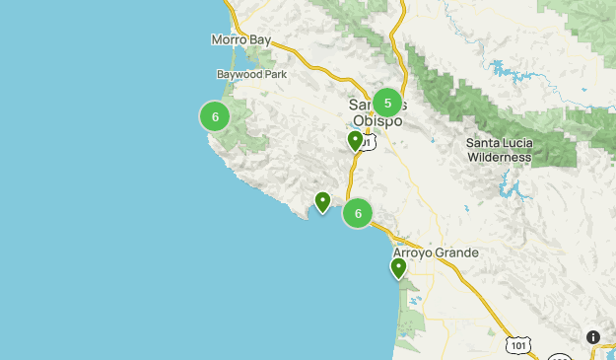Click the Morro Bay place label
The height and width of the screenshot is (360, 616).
click(x=240, y=40)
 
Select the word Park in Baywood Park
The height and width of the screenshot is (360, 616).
click(x=274, y=74)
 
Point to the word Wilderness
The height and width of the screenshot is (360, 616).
click(x=499, y=157)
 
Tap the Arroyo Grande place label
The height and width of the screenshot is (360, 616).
click(x=436, y=252)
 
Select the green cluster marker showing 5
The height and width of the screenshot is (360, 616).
click(x=387, y=103)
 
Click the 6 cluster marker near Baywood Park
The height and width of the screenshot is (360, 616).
click(x=214, y=116)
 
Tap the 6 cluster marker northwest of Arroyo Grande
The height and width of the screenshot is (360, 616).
click(x=358, y=212)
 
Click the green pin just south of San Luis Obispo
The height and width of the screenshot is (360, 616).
click(x=356, y=142)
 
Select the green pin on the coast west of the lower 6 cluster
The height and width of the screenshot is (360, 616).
click(x=322, y=202)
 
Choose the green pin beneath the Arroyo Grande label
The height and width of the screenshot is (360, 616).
click(x=399, y=268)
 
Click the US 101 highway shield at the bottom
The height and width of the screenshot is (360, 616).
click(x=519, y=344)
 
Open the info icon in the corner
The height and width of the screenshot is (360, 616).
click(x=593, y=336)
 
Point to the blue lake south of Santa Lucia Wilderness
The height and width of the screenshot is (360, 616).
click(x=509, y=187)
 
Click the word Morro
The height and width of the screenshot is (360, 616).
click(x=228, y=40)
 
